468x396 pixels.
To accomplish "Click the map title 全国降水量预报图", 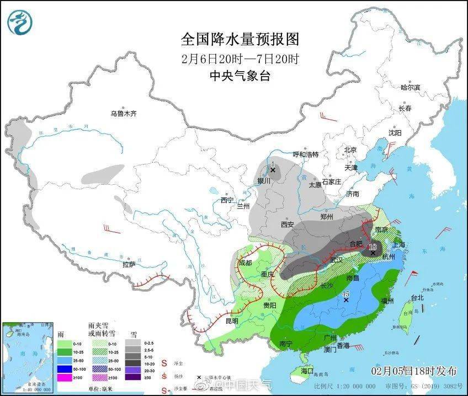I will click(240, 39).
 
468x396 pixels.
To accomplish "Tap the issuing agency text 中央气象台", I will click(240, 77).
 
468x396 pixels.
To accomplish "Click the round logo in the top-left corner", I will click(20, 22).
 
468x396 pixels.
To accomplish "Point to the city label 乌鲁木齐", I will click(123, 114).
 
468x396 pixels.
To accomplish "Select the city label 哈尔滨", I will click(410, 87).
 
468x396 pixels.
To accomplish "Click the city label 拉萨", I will click(129, 264).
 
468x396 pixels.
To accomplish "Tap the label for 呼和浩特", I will click(305, 154).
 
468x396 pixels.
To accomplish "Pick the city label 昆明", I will click(232, 320).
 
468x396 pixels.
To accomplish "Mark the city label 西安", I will click(287, 224).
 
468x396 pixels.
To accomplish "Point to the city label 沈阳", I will click(395, 132).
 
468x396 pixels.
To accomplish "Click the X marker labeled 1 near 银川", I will click(273, 170).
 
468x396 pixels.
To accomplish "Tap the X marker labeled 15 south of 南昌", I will click(346, 300).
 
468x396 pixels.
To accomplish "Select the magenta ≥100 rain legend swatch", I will click(65, 377).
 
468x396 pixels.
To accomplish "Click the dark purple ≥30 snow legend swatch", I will click(132, 377).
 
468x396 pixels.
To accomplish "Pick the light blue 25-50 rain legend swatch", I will click(65, 360).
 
